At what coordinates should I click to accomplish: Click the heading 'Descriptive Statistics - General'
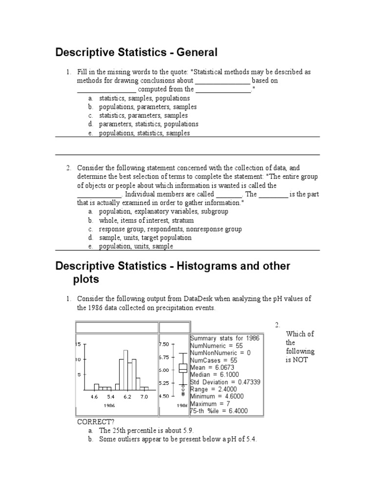(136, 52)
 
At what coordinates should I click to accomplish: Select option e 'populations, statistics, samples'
(144, 133)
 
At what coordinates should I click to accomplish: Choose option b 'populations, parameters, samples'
(147, 106)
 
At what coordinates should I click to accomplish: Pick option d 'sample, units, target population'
(145, 238)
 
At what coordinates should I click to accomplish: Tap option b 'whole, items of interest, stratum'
(146, 220)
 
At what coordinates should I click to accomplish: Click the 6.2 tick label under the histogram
(127, 397)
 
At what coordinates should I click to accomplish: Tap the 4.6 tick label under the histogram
(94, 397)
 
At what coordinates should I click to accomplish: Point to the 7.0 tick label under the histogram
(144, 397)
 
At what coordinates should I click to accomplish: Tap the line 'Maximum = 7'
(210, 404)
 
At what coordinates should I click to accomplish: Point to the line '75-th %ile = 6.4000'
(219, 411)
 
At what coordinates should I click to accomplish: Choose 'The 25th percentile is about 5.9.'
(147, 431)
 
